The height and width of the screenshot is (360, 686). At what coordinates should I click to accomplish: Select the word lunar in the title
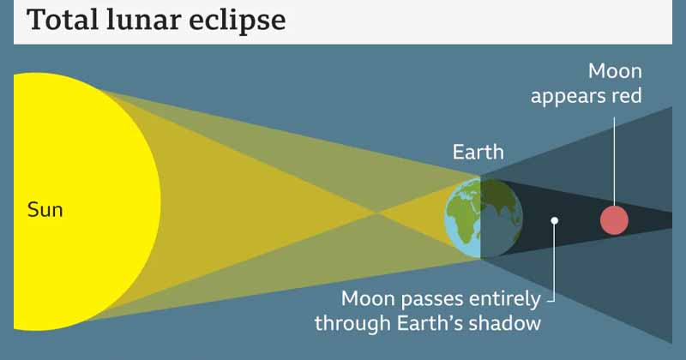click(x=142, y=19)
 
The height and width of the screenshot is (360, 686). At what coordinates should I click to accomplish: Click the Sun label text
click(x=45, y=210)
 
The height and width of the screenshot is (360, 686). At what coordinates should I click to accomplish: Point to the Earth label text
click(x=478, y=153)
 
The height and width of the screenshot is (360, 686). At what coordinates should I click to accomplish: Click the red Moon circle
click(x=614, y=220)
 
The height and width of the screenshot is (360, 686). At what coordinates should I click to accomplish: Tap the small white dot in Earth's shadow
click(x=554, y=220)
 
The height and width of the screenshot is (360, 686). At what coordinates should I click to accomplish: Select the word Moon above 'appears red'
click(x=615, y=71)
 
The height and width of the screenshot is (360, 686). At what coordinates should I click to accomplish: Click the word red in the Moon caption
click(x=627, y=96)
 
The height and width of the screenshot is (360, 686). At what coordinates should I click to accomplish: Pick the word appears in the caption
click(x=568, y=97)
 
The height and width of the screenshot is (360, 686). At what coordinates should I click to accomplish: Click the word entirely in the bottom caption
click(x=505, y=300)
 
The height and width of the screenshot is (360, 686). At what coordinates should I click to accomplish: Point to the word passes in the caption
click(x=432, y=301)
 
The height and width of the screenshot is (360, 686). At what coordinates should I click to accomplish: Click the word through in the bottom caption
click(x=352, y=325)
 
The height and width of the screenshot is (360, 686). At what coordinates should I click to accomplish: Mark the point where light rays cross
click(x=377, y=213)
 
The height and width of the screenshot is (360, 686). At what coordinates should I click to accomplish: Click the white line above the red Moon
click(x=614, y=161)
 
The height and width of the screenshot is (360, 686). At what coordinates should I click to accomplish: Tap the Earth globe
click(x=484, y=218)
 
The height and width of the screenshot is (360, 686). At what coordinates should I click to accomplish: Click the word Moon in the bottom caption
click(x=369, y=299)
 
